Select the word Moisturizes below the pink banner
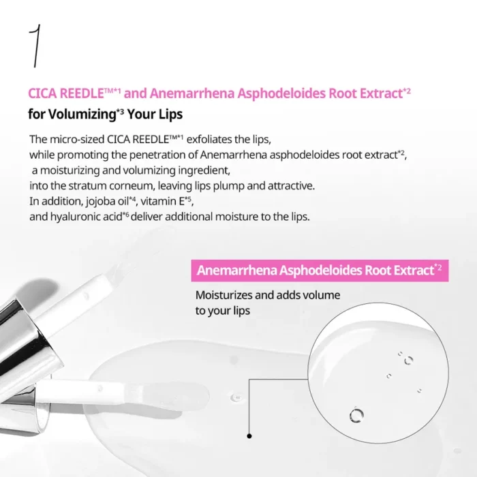(226, 296)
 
